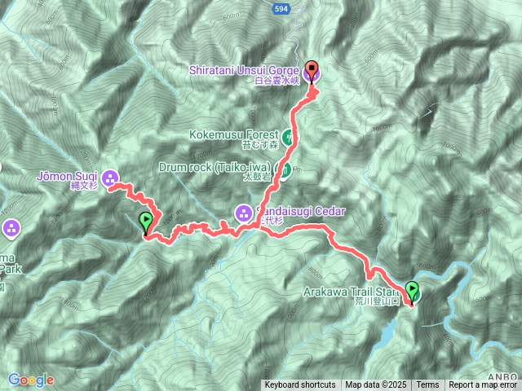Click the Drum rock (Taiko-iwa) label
(216, 169)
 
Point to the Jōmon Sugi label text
(67, 175)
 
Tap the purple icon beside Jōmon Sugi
(110, 177)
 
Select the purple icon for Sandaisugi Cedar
(242, 213)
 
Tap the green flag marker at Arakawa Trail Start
(412, 292)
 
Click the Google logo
(31, 380)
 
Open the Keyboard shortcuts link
(299, 384)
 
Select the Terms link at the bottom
(427, 384)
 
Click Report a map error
(483, 384)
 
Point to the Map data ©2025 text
(375, 384)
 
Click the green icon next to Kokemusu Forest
(287, 136)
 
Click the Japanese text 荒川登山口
(374, 301)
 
